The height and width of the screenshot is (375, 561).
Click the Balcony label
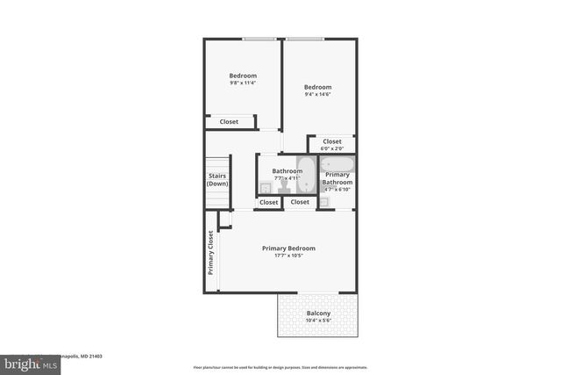coord(318,314)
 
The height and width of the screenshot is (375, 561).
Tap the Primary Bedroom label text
coord(288,249)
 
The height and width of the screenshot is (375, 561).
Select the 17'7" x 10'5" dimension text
coord(288,256)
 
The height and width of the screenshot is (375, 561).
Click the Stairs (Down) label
coord(217,180)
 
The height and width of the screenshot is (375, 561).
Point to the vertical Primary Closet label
coord(211,253)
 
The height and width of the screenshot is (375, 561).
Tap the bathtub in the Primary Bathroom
coord(337,163)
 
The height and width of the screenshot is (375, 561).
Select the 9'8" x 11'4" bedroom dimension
coord(243,83)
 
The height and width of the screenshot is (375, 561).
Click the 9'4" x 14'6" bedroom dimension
coord(317,95)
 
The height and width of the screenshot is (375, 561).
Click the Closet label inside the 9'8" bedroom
coord(229,122)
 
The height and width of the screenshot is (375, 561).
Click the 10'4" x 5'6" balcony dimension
coord(318,321)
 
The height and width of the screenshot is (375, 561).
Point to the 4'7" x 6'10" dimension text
coord(337,190)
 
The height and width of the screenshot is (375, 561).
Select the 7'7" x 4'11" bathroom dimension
coord(287,178)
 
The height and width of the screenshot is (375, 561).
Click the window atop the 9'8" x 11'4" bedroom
coord(256,39)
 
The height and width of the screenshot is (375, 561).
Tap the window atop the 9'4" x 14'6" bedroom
coord(303,39)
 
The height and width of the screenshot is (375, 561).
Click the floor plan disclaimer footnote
coord(280,367)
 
